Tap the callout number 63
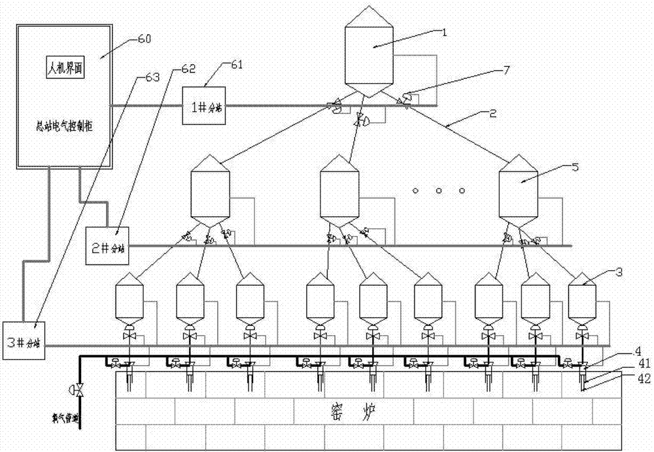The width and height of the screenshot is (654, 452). [151, 77]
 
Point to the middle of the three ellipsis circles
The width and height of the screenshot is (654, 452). [439, 191]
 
